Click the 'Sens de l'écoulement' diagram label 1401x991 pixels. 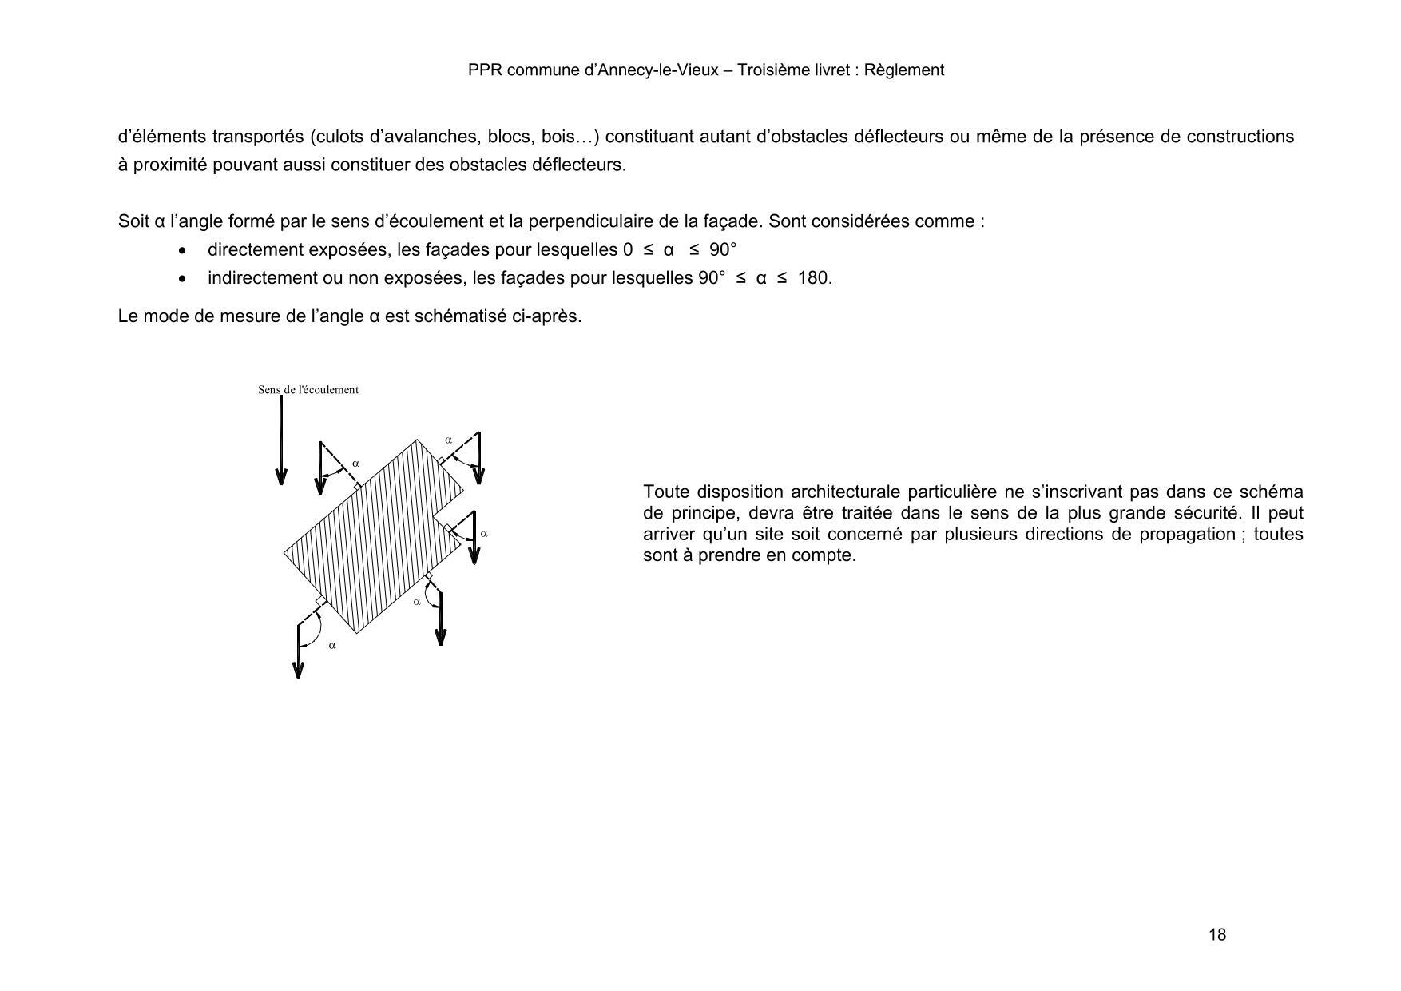308,390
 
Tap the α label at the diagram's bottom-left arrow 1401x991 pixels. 332,646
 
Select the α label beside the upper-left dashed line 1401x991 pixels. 356,464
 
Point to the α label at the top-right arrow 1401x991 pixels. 448,440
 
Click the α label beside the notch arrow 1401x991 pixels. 484,534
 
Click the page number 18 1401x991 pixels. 1217,935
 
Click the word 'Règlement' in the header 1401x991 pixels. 904,70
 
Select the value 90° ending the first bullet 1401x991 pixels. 722,250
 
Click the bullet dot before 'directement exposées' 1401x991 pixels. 185,251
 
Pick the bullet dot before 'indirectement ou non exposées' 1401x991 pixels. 185,279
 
